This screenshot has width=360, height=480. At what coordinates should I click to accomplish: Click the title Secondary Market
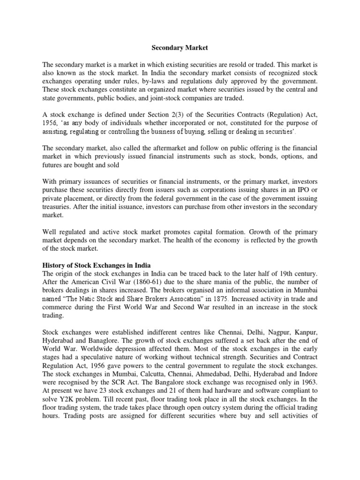179,47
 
